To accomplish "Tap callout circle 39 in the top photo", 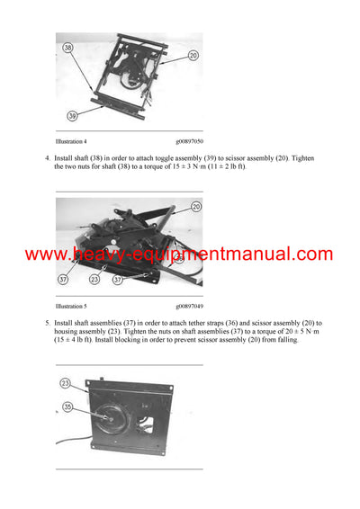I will pos(71,115).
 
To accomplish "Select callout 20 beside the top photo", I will pos(193,55).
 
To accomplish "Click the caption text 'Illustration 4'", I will pos(71,142).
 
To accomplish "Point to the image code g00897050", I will pos(189,142).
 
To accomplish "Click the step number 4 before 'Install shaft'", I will pos(47,158).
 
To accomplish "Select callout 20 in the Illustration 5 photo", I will pos(196,206).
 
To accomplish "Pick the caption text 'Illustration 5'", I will pos(71,306).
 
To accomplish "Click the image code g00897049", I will pos(189,306).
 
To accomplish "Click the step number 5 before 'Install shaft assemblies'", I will pos(47,322).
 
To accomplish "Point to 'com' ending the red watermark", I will pos(311,254).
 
